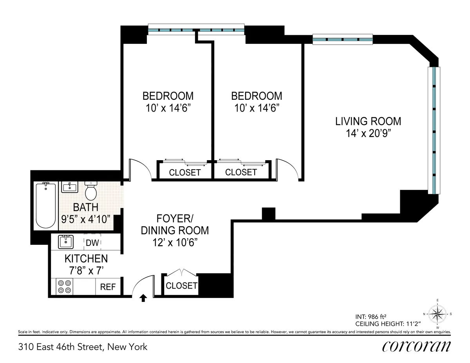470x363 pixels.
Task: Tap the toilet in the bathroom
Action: (91, 191)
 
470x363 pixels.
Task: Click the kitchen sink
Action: (66, 242)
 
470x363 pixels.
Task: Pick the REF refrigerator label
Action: (108, 287)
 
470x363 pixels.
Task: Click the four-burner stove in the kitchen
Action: (64, 287)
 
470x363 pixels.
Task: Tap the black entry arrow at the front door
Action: (143, 298)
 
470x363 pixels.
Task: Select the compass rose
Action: (437, 313)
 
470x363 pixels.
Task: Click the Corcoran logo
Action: (416, 346)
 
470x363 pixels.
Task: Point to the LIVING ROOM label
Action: (368, 121)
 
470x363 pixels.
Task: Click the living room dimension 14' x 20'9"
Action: (368, 134)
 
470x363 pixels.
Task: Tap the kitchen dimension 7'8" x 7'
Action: (86, 270)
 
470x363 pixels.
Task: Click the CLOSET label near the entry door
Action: (181, 286)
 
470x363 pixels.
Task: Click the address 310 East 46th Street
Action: (83, 347)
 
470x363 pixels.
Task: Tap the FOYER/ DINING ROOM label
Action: (175, 224)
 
